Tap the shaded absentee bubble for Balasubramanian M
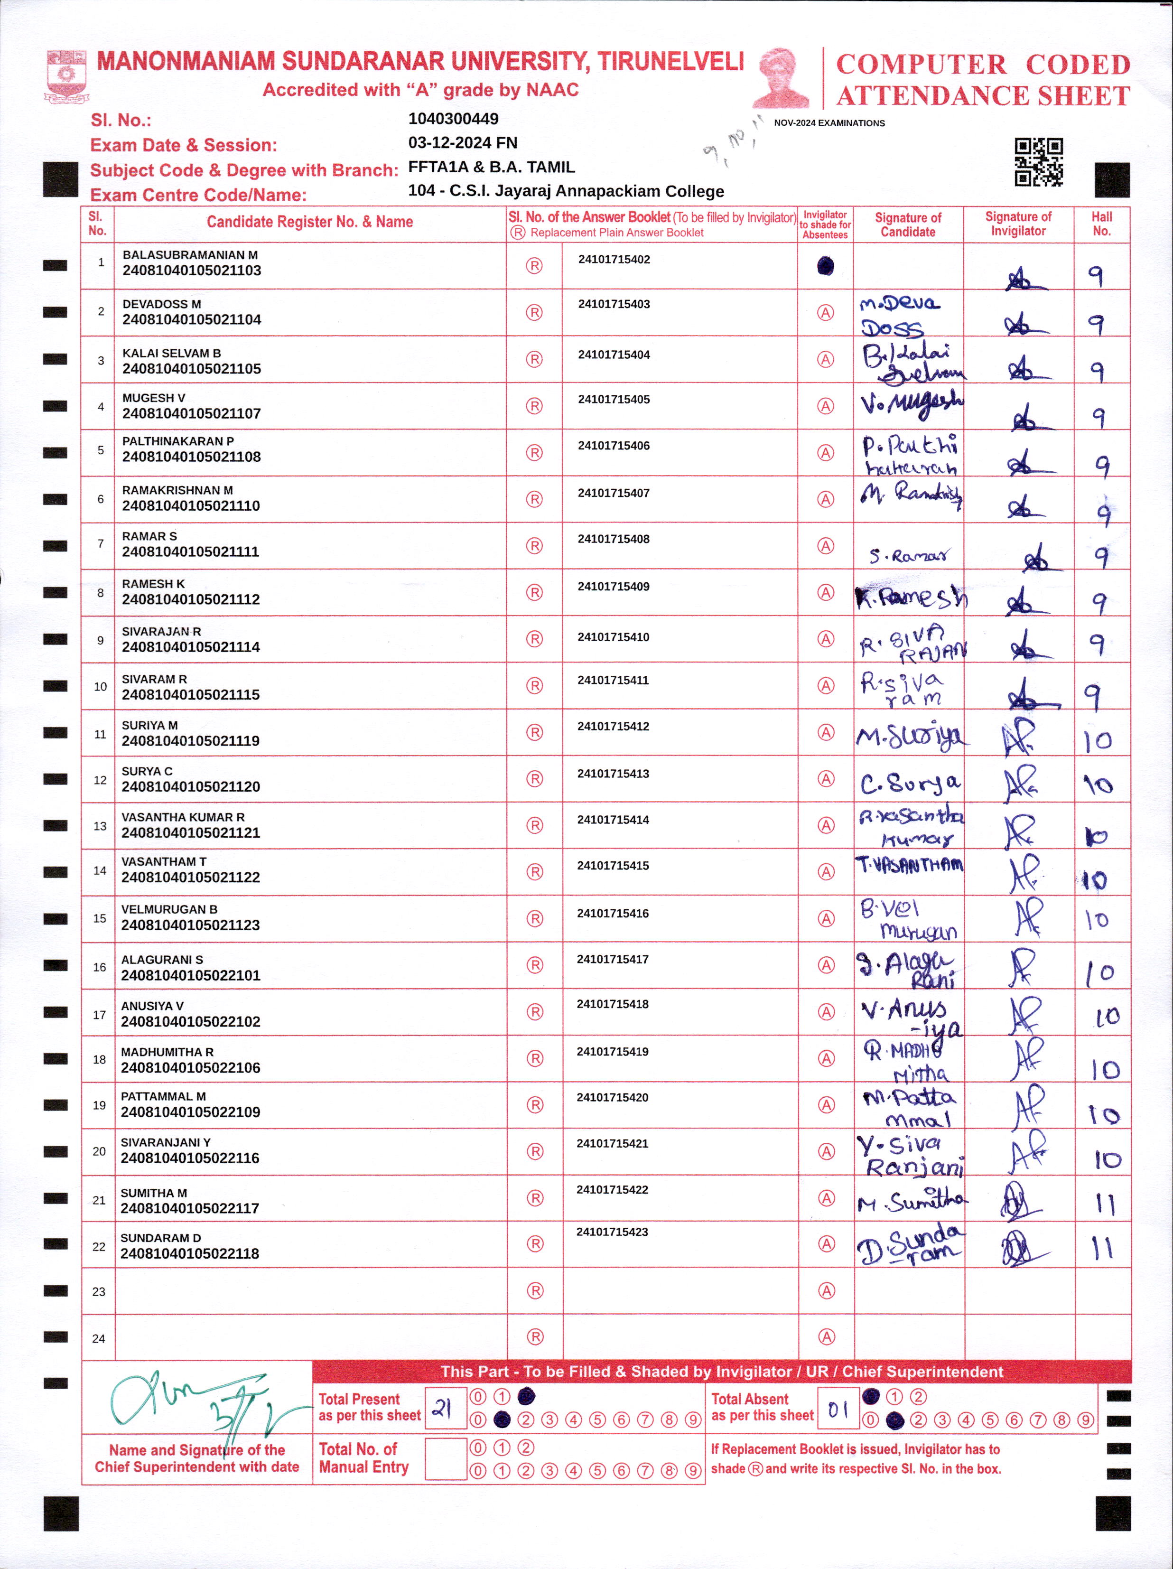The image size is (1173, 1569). click(826, 266)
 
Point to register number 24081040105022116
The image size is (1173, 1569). click(190, 1158)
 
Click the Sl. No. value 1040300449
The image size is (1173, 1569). click(453, 119)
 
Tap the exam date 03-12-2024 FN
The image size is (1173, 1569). click(462, 142)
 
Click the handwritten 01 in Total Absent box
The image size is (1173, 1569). click(838, 1409)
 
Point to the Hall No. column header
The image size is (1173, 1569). click(1101, 224)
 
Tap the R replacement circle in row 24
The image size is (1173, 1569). click(535, 1336)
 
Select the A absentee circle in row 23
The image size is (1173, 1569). click(826, 1290)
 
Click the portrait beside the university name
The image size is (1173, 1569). click(783, 78)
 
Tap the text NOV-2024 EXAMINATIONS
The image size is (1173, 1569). click(829, 123)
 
